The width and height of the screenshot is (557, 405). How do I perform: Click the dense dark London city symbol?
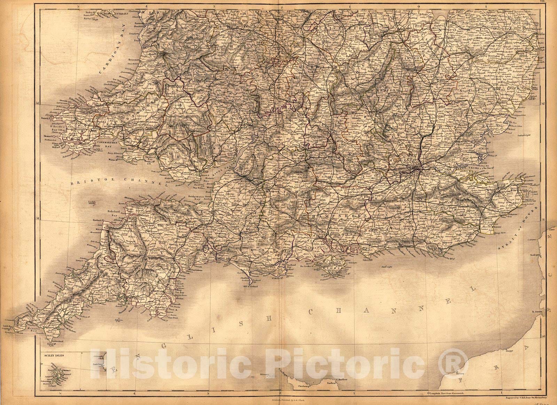416,170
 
